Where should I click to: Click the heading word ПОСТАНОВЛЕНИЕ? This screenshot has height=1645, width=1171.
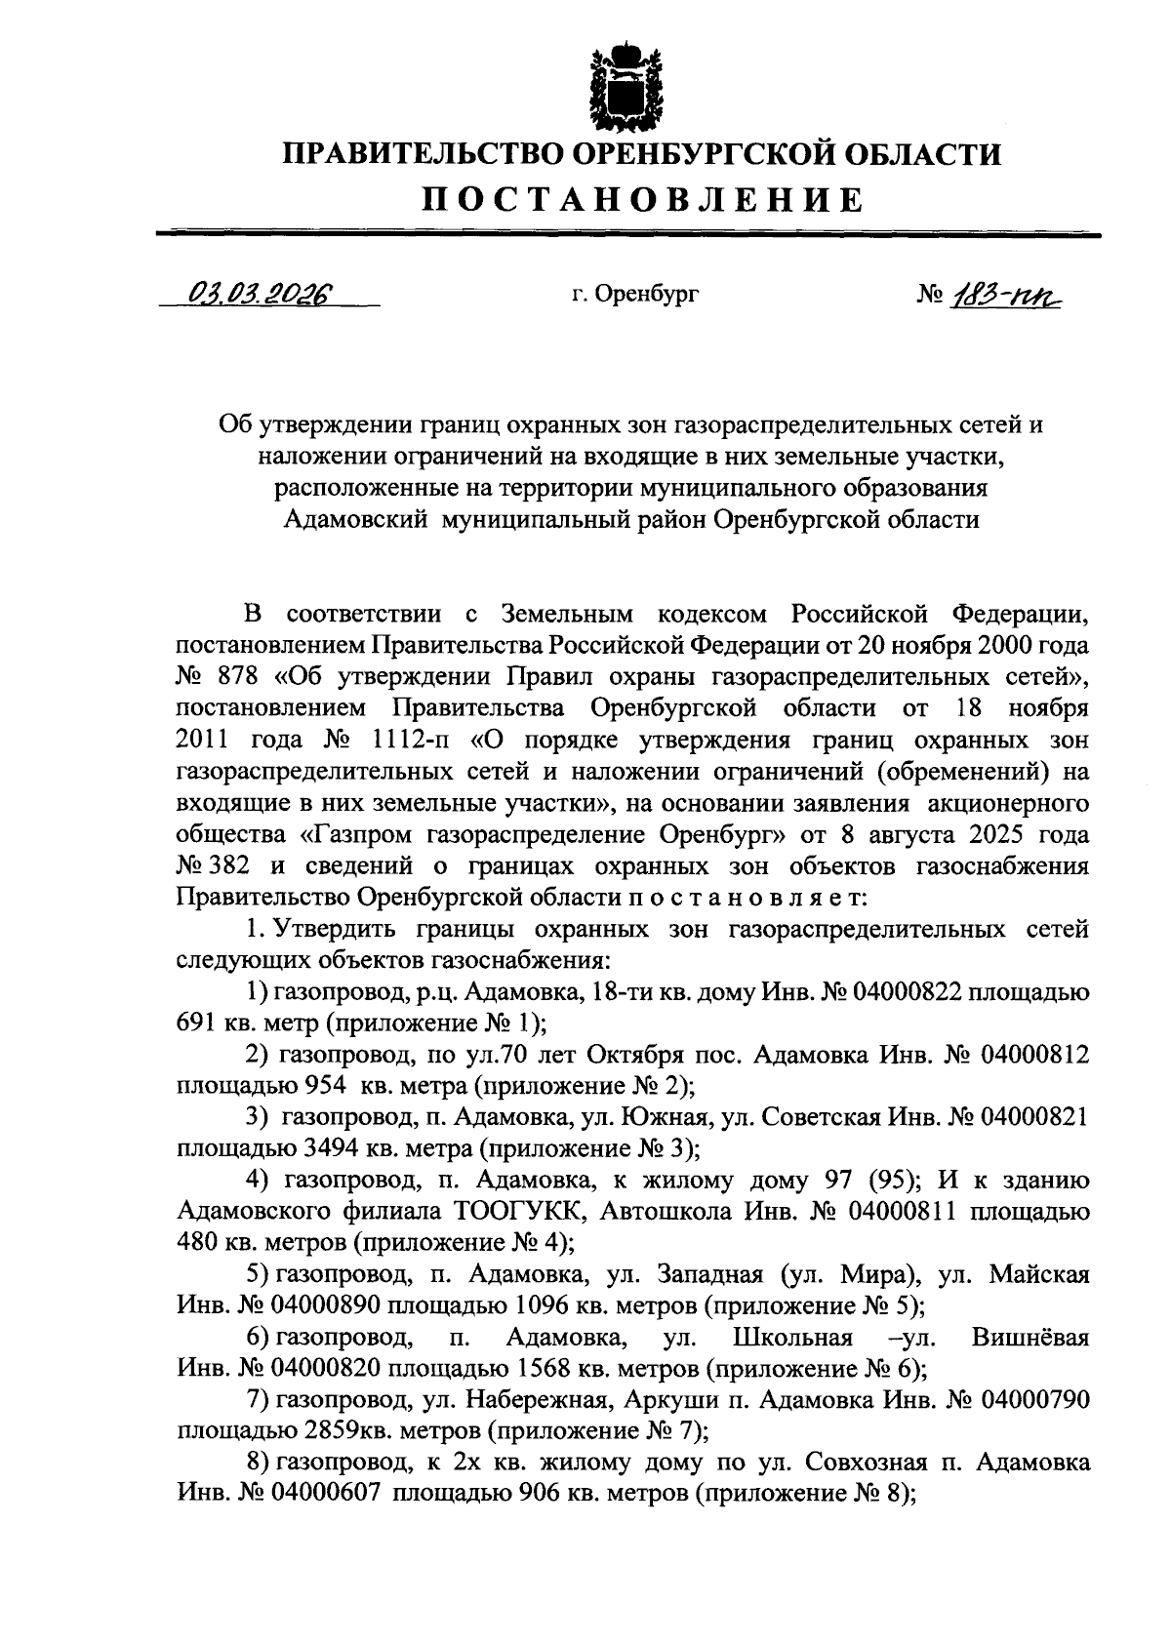pos(642,200)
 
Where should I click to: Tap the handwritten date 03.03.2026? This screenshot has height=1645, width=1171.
pos(262,292)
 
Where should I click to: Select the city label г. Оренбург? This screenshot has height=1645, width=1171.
pos(635,293)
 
